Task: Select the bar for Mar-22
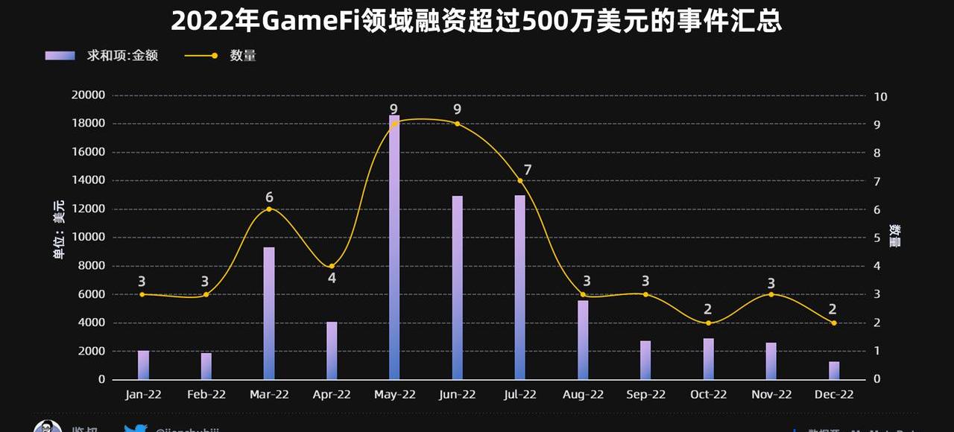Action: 269,313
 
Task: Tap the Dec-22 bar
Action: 833,370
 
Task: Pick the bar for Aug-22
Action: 583,340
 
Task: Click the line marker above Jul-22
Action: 520,181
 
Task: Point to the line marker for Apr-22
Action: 332,266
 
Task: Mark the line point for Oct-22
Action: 708,323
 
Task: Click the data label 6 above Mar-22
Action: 269,197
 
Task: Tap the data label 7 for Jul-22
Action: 528,170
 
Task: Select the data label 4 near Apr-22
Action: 332,279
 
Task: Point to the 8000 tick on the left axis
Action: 90,266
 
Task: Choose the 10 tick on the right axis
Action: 880,97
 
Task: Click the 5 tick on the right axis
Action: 877,238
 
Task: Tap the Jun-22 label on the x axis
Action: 457,395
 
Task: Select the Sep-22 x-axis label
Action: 645,395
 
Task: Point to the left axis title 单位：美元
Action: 58,231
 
